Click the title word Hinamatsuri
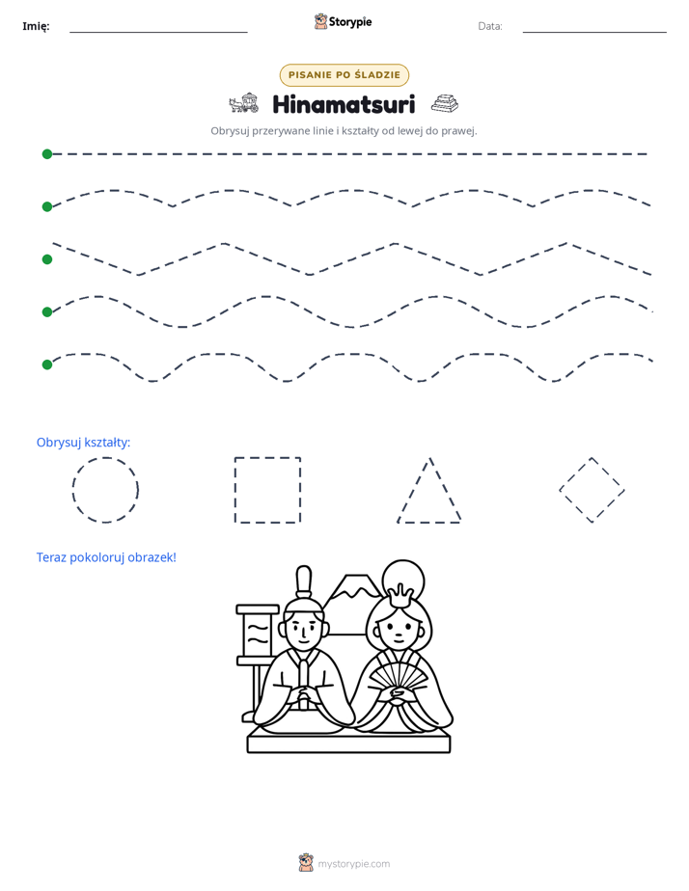(x=344, y=104)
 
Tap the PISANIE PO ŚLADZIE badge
(x=344, y=75)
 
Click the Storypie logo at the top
(x=343, y=21)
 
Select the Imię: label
(x=36, y=26)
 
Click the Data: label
(x=490, y=26)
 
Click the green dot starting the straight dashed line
(x=47, y=154)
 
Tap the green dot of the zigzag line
(x=47, y=259)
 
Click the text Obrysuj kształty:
(x=84, y=442)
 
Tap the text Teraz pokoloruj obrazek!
(x=106, y=557)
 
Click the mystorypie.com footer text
(x=353, y=864)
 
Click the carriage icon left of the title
(x=243, y=103)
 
